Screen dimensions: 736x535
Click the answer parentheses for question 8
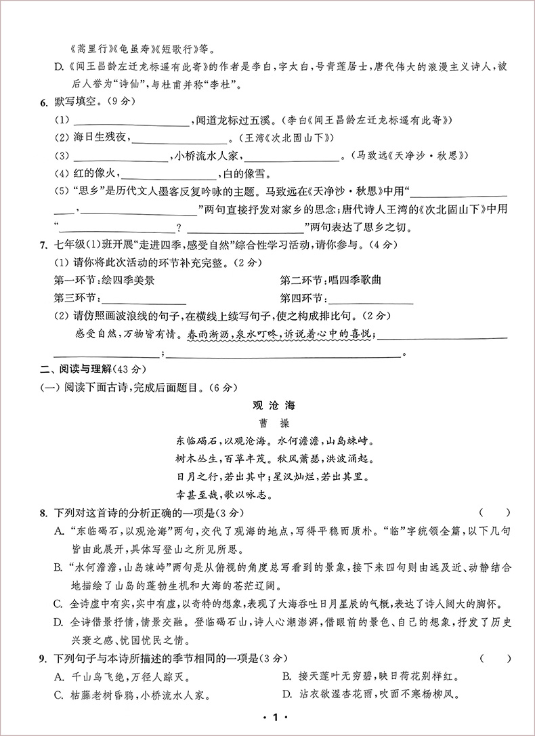click(494, 513)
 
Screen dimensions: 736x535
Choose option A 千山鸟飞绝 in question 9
click(122, 676)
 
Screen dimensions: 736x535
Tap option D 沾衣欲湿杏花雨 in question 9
click(362, 694)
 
